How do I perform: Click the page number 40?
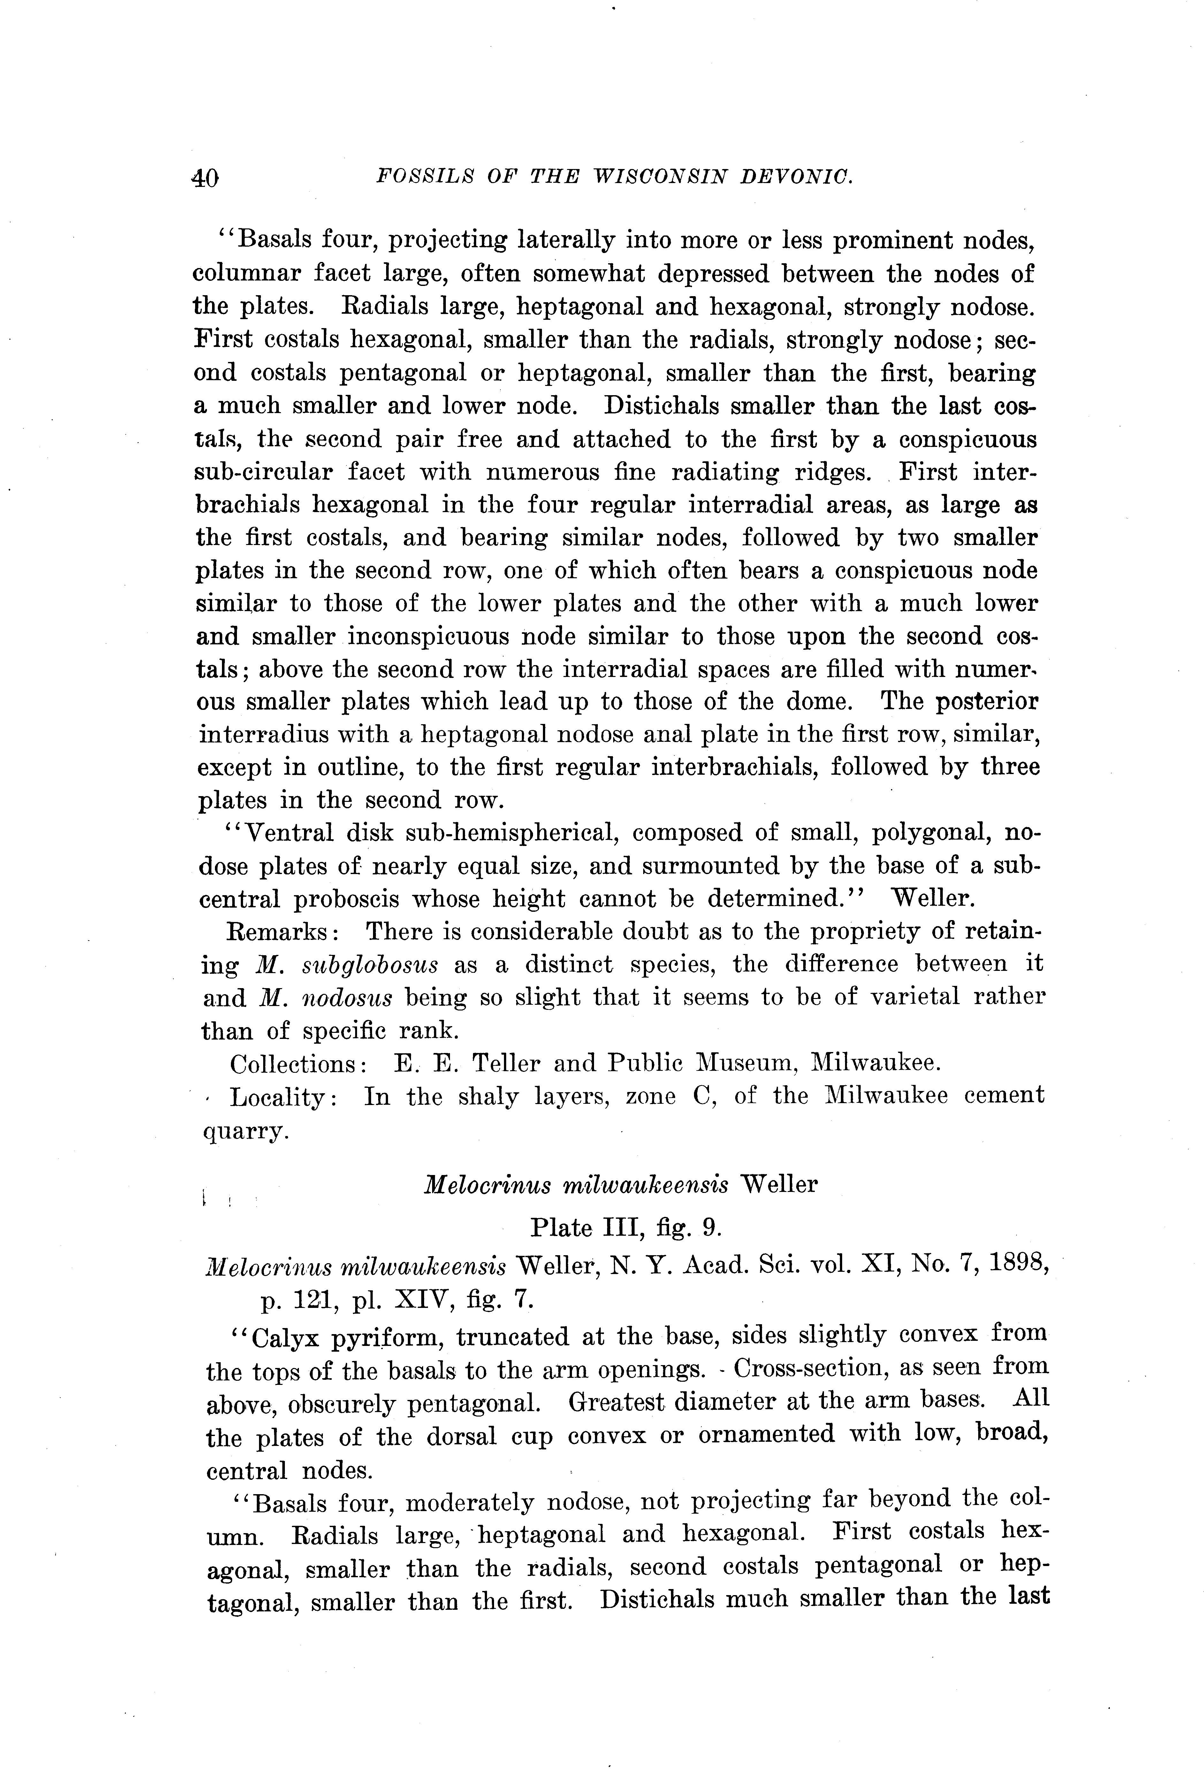[205, 178]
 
